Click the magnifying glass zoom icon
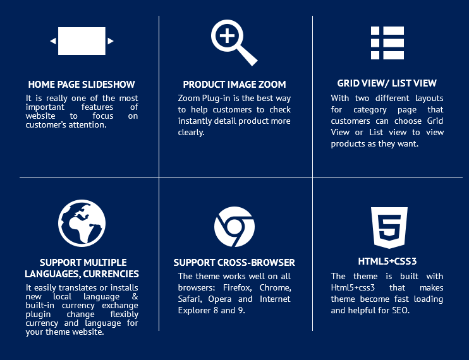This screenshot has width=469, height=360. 234,42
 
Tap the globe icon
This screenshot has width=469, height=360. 82,223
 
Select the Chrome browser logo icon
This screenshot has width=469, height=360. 234,227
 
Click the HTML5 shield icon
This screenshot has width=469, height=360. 389,227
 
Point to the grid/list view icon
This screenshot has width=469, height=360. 387,43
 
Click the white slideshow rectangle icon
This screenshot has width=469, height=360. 82,41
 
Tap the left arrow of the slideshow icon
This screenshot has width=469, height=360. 53,41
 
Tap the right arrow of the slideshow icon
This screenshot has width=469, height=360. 111,41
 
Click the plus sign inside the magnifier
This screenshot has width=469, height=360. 227,36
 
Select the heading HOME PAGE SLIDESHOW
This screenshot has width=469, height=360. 82,85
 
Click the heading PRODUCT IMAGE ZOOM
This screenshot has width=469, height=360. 234,85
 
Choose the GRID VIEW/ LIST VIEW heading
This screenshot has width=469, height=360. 387,83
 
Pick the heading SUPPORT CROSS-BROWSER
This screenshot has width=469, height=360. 234,263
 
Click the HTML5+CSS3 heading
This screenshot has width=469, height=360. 387,261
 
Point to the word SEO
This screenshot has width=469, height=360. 401,310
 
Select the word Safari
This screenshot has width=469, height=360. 190,299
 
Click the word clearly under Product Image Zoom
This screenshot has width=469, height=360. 191,133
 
